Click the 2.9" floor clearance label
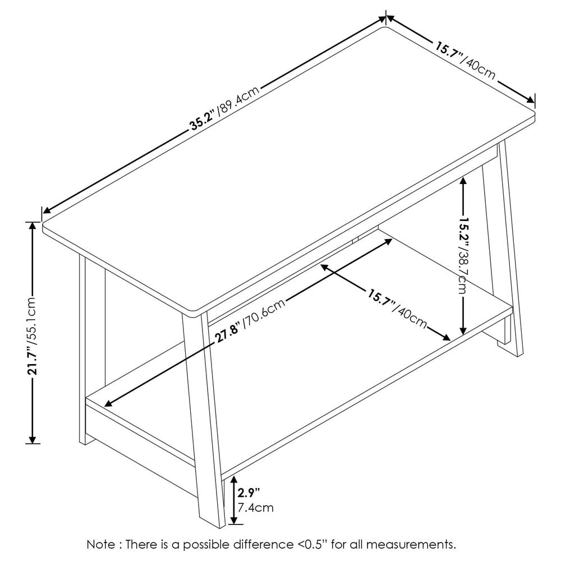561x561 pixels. [x=249, y=494]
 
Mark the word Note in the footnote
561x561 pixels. [x=99, y=544]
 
